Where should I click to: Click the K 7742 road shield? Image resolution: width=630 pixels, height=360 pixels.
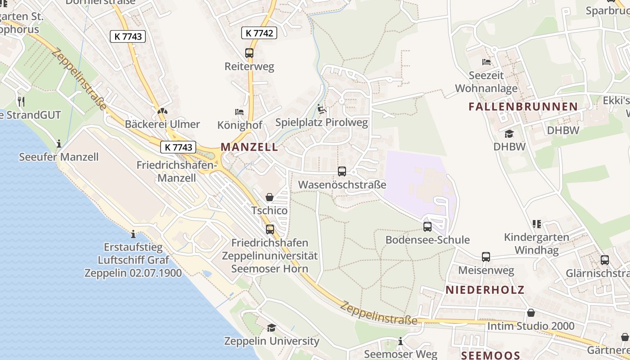[259, 33]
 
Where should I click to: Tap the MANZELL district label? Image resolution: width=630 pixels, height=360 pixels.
[249, 147]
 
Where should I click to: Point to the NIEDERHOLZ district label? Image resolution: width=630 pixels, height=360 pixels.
[485, 290]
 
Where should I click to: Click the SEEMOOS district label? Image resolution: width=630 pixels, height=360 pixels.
[491, 355]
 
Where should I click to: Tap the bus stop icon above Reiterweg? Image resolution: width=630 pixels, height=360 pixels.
[249, 53]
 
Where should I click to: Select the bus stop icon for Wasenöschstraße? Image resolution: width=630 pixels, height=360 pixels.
[342, 171]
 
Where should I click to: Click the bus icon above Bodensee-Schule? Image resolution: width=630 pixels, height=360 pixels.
[427, 227]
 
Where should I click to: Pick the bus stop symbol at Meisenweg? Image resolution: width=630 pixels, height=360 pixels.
[486, 257]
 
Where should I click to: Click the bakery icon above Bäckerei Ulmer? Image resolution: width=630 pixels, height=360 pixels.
[162, 111]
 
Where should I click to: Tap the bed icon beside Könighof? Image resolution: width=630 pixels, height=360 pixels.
[239, 112]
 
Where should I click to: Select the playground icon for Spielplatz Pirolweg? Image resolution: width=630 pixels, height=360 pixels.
[322, 109]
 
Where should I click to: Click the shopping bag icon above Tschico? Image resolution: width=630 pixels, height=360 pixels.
[270, 197]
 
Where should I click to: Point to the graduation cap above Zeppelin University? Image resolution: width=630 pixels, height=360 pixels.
[271, 328]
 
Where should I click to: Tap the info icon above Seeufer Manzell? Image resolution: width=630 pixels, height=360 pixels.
[59, 144]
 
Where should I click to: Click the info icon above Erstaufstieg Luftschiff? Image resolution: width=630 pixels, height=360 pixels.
[133, 234]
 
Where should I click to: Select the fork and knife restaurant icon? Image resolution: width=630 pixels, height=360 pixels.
[21, 101]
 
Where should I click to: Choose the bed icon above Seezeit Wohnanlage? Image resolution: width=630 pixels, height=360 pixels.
[486, 62]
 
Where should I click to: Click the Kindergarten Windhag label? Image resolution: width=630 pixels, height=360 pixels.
[536, 243]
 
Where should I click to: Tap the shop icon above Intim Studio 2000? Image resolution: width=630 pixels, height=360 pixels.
[531, 313]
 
